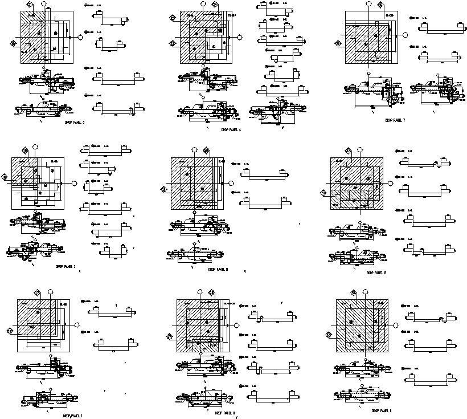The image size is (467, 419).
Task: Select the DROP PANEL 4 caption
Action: (x=231, y=130)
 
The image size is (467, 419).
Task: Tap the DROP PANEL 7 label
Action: (x=395, y=121)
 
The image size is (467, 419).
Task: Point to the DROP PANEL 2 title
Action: (x=65, y=266)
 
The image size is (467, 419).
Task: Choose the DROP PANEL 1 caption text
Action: (x=72, y=416)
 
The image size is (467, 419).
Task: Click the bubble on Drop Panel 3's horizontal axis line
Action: (x=80, y=36)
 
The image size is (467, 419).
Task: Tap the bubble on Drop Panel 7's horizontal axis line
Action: (x=405, y=34)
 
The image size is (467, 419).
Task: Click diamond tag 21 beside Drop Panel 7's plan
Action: (x=338, y=44)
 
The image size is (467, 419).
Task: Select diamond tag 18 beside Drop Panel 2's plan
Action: (x=5, y=177)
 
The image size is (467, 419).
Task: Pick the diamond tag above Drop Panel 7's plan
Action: (x=380, y=5)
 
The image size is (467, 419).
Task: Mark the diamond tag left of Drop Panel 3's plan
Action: (x=13, y=42)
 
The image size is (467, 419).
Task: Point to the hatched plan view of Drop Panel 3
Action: (x=46, y=37)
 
